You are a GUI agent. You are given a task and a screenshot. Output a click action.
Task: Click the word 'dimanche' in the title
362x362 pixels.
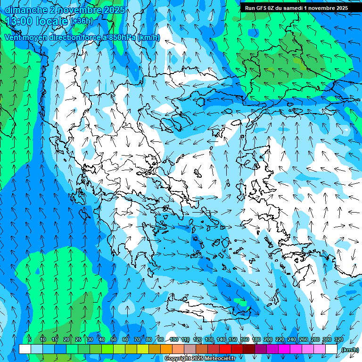click(x=26, y=10)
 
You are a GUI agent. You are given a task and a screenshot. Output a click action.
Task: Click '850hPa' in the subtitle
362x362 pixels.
click(x=122, y=38)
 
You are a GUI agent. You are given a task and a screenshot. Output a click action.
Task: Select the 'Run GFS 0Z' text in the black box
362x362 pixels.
click(x=260, y=8)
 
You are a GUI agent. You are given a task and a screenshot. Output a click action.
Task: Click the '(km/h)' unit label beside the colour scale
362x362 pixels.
click(x=350, y=350)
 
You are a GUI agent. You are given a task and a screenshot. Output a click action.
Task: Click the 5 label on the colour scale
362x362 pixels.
click(x=30, y=340)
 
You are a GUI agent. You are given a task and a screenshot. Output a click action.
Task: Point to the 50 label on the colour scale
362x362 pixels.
click(x=114, y=340)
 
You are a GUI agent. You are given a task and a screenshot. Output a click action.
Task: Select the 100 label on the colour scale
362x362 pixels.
click(x=174, y=340)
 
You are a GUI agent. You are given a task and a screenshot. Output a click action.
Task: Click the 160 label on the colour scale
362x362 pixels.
click(x=245, y=340)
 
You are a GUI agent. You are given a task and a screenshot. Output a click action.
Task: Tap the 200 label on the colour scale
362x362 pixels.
click(x=268, y=340)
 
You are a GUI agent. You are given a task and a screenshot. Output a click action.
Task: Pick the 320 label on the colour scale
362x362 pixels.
click(x=338, y=340)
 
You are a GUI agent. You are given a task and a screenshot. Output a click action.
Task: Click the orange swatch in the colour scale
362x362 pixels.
click(x=166, y=349)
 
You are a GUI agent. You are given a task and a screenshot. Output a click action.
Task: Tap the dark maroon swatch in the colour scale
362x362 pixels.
click(x=249, y=349)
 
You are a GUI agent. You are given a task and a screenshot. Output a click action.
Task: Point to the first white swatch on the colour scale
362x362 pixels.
click(x=25, y=349)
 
